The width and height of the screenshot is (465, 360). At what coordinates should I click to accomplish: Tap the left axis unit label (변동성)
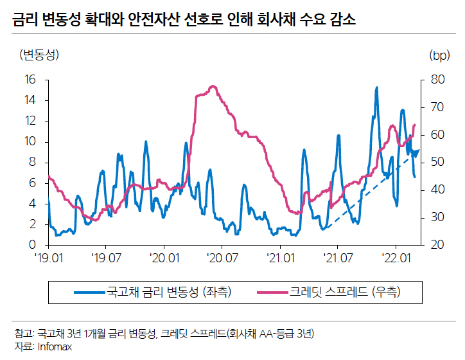(39, 55)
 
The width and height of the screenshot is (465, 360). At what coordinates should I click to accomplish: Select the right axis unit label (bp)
(439, 55)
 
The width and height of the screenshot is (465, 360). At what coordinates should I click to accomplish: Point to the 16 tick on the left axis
(30, 80)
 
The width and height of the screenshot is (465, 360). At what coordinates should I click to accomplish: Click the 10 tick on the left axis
(30, 142)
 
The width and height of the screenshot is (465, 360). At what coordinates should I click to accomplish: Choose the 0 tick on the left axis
(33, 245)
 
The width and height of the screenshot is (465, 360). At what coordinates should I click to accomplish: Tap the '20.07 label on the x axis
(222, 258)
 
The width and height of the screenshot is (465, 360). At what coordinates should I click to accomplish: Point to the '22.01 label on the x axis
(396, 258)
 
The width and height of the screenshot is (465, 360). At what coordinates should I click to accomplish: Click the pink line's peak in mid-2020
(211, 86)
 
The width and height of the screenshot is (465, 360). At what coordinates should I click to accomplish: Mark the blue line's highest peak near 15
(376, 87)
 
